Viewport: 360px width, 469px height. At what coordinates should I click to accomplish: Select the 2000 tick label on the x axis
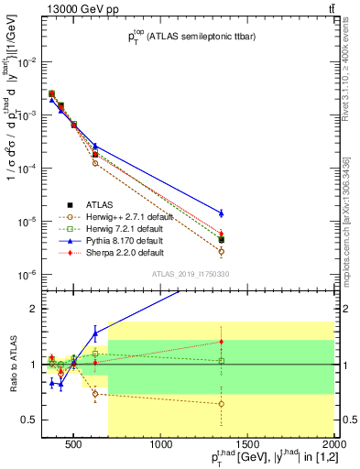click(335, 445)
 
